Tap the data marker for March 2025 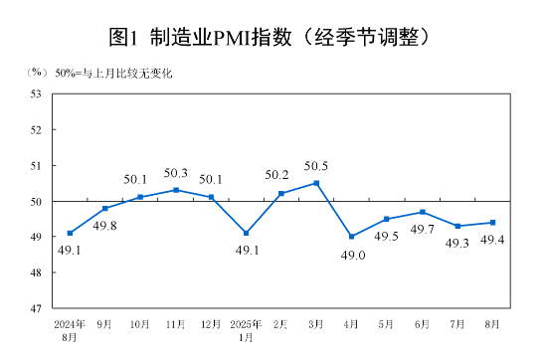(316, 183)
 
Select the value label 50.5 (316, 165)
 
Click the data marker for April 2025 (351, 237)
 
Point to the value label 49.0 (351, 255)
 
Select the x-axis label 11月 (175, 324)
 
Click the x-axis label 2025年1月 (246, 330)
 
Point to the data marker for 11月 (175, 190)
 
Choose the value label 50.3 (175, 173)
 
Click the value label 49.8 (104, 226)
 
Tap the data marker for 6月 (423, 212)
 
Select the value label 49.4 (493, 240)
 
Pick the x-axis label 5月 (387, 324)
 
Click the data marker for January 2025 (246, 233)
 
